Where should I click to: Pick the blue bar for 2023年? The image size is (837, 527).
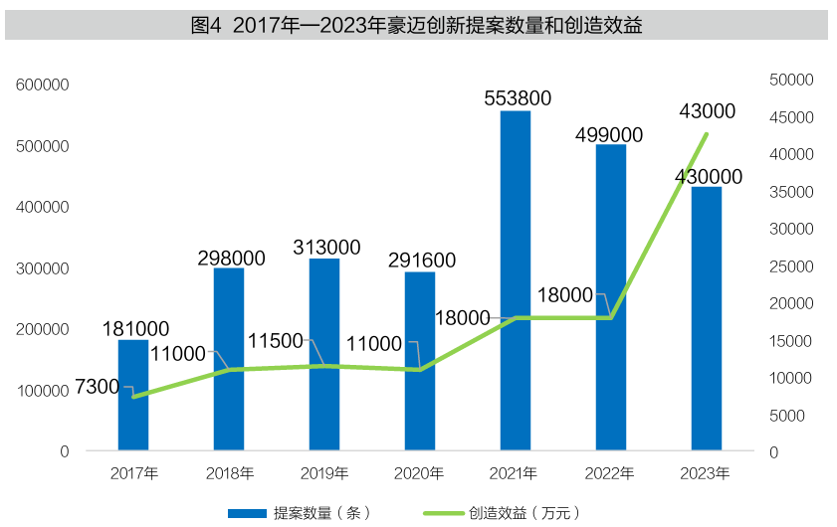click(706, 318)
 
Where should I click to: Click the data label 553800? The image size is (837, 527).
click(517, 97)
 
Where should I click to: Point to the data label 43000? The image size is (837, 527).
click(707, 111)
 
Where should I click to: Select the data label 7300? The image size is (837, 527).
click(97, 387)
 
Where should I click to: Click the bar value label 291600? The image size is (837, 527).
click(422, 261)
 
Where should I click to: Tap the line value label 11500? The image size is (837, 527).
click(274, 340)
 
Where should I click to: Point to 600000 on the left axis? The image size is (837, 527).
click(43, 86)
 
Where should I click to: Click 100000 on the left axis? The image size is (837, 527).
click(43, 391)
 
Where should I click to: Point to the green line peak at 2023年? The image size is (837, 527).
click(706, 134)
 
